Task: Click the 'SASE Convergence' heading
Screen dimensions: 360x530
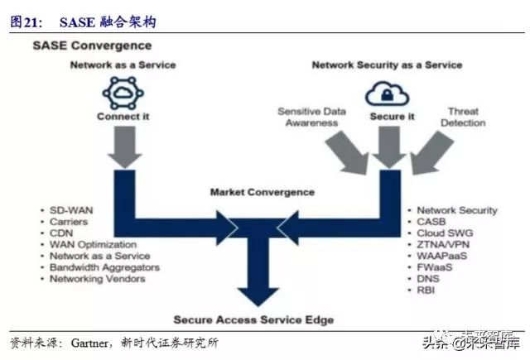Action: (x=92, y=45)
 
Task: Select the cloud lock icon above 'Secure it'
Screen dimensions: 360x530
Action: (x=387, y=93)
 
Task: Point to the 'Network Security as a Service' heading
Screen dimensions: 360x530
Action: (x=387, y=65)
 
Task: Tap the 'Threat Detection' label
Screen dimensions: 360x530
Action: (x=463, y=117)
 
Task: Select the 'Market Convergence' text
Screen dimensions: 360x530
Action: (x=262, y=192)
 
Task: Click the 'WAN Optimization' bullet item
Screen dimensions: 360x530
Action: (x=93, y=246)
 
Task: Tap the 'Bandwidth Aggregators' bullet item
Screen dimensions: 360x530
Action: (x=104, y=267)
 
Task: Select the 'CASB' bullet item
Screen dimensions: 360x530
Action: (x=431, y=223)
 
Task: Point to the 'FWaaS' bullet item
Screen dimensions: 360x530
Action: (x=434, y=268)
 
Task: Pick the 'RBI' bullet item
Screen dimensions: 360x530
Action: (x=426, y=291)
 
